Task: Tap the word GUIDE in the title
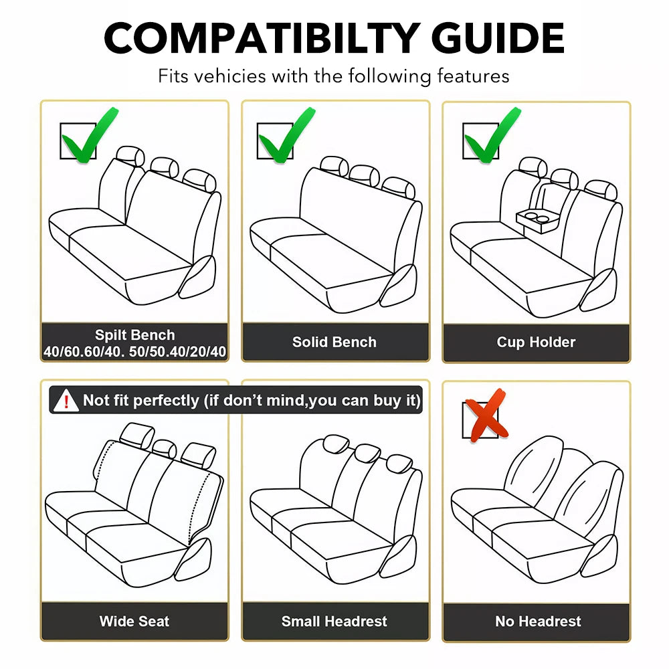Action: pyautogui.click(x=498, y=37)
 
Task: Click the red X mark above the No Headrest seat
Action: pyautogui.click(x=486, y=415)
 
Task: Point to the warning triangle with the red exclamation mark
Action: pyautogui.click(x=66, y=400)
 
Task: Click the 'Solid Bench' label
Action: pyautogui.click(x=334, y=342)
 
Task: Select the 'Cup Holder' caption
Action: pyautogui.click(x=536, y=342)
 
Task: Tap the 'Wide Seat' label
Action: pyautogui.click(x=134, y=622)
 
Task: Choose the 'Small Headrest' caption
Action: pyautogui.click(x=334, y=622)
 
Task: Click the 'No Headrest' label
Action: pyautogui.click(x=538, y=622)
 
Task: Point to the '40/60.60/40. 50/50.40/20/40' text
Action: pyautogui.click(x=135, y=351)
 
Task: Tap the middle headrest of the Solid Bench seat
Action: pyautogui.click(x=364, y=175)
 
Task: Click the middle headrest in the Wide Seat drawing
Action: pyautogui.click(x=165, y=449)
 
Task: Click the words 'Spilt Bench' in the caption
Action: pyautogui.click(x=135, y=335)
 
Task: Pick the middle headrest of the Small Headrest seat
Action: pyautogui.click(x=367, y=453)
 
